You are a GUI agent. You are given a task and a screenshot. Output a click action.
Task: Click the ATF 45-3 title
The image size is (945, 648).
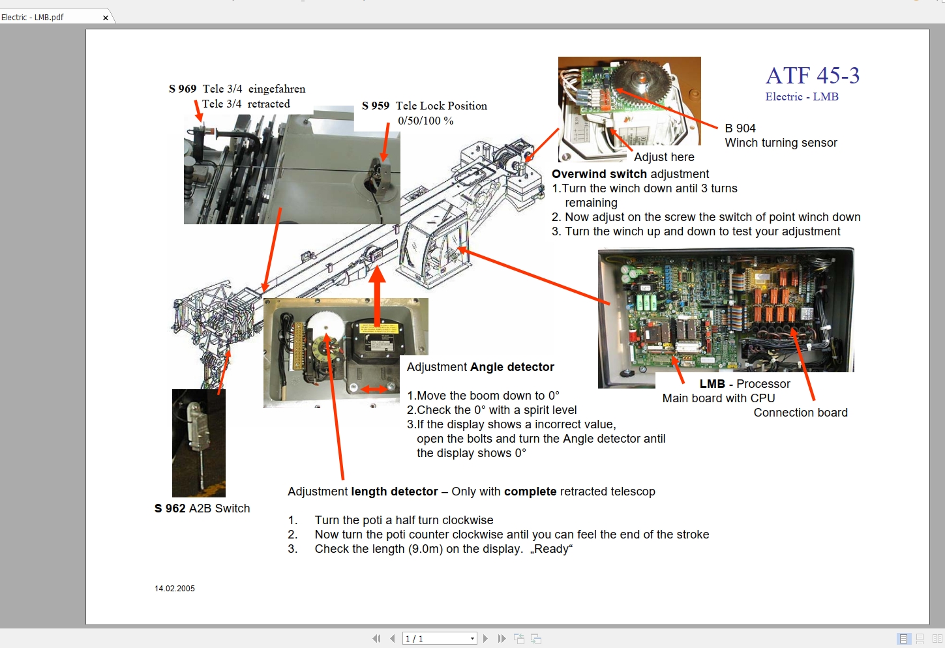pos(812,76)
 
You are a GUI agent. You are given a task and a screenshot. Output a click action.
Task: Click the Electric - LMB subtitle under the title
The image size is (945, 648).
pos(802,96)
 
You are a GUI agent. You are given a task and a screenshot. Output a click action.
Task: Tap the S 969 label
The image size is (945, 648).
pos(183,89)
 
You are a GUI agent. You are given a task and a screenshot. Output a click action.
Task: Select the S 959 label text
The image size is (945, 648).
pos(376,106)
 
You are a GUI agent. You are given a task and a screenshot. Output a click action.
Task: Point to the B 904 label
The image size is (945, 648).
pos(740,128)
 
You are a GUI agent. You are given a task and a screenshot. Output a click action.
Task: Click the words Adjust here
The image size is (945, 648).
pos(663,157)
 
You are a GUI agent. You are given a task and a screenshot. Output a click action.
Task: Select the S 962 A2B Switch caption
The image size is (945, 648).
pos(202,508)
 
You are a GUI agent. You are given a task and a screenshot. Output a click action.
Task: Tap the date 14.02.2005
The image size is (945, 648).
pos(175,589)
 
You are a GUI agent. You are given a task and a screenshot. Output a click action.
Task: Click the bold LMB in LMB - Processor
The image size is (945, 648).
pos(712,384)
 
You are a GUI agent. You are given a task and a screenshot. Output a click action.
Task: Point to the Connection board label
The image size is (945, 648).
pos(800,413)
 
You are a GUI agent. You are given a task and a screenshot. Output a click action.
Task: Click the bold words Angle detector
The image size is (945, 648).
pos(512,367)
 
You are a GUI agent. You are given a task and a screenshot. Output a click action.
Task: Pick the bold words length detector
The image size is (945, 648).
pos(395,492)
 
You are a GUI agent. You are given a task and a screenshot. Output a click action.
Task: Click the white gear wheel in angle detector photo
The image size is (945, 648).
pos(325,325)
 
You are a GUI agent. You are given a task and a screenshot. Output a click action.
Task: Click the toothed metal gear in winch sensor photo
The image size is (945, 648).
pos(635,78)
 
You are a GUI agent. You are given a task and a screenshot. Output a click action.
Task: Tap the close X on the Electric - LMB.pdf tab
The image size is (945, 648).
pos(106,18)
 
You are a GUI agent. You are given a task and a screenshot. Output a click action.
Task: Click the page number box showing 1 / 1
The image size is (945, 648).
pos(435,639)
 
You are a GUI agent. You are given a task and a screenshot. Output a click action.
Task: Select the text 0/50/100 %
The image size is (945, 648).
pos(425,121)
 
